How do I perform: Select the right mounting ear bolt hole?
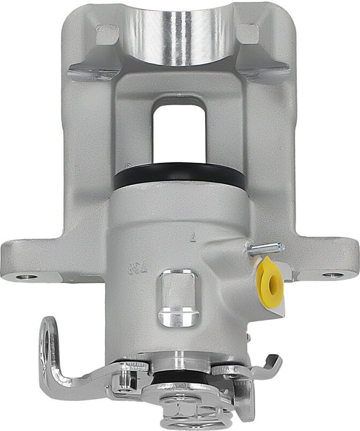(332, 275)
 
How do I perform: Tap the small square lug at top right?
(248, 34)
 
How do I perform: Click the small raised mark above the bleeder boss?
(193, 236)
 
